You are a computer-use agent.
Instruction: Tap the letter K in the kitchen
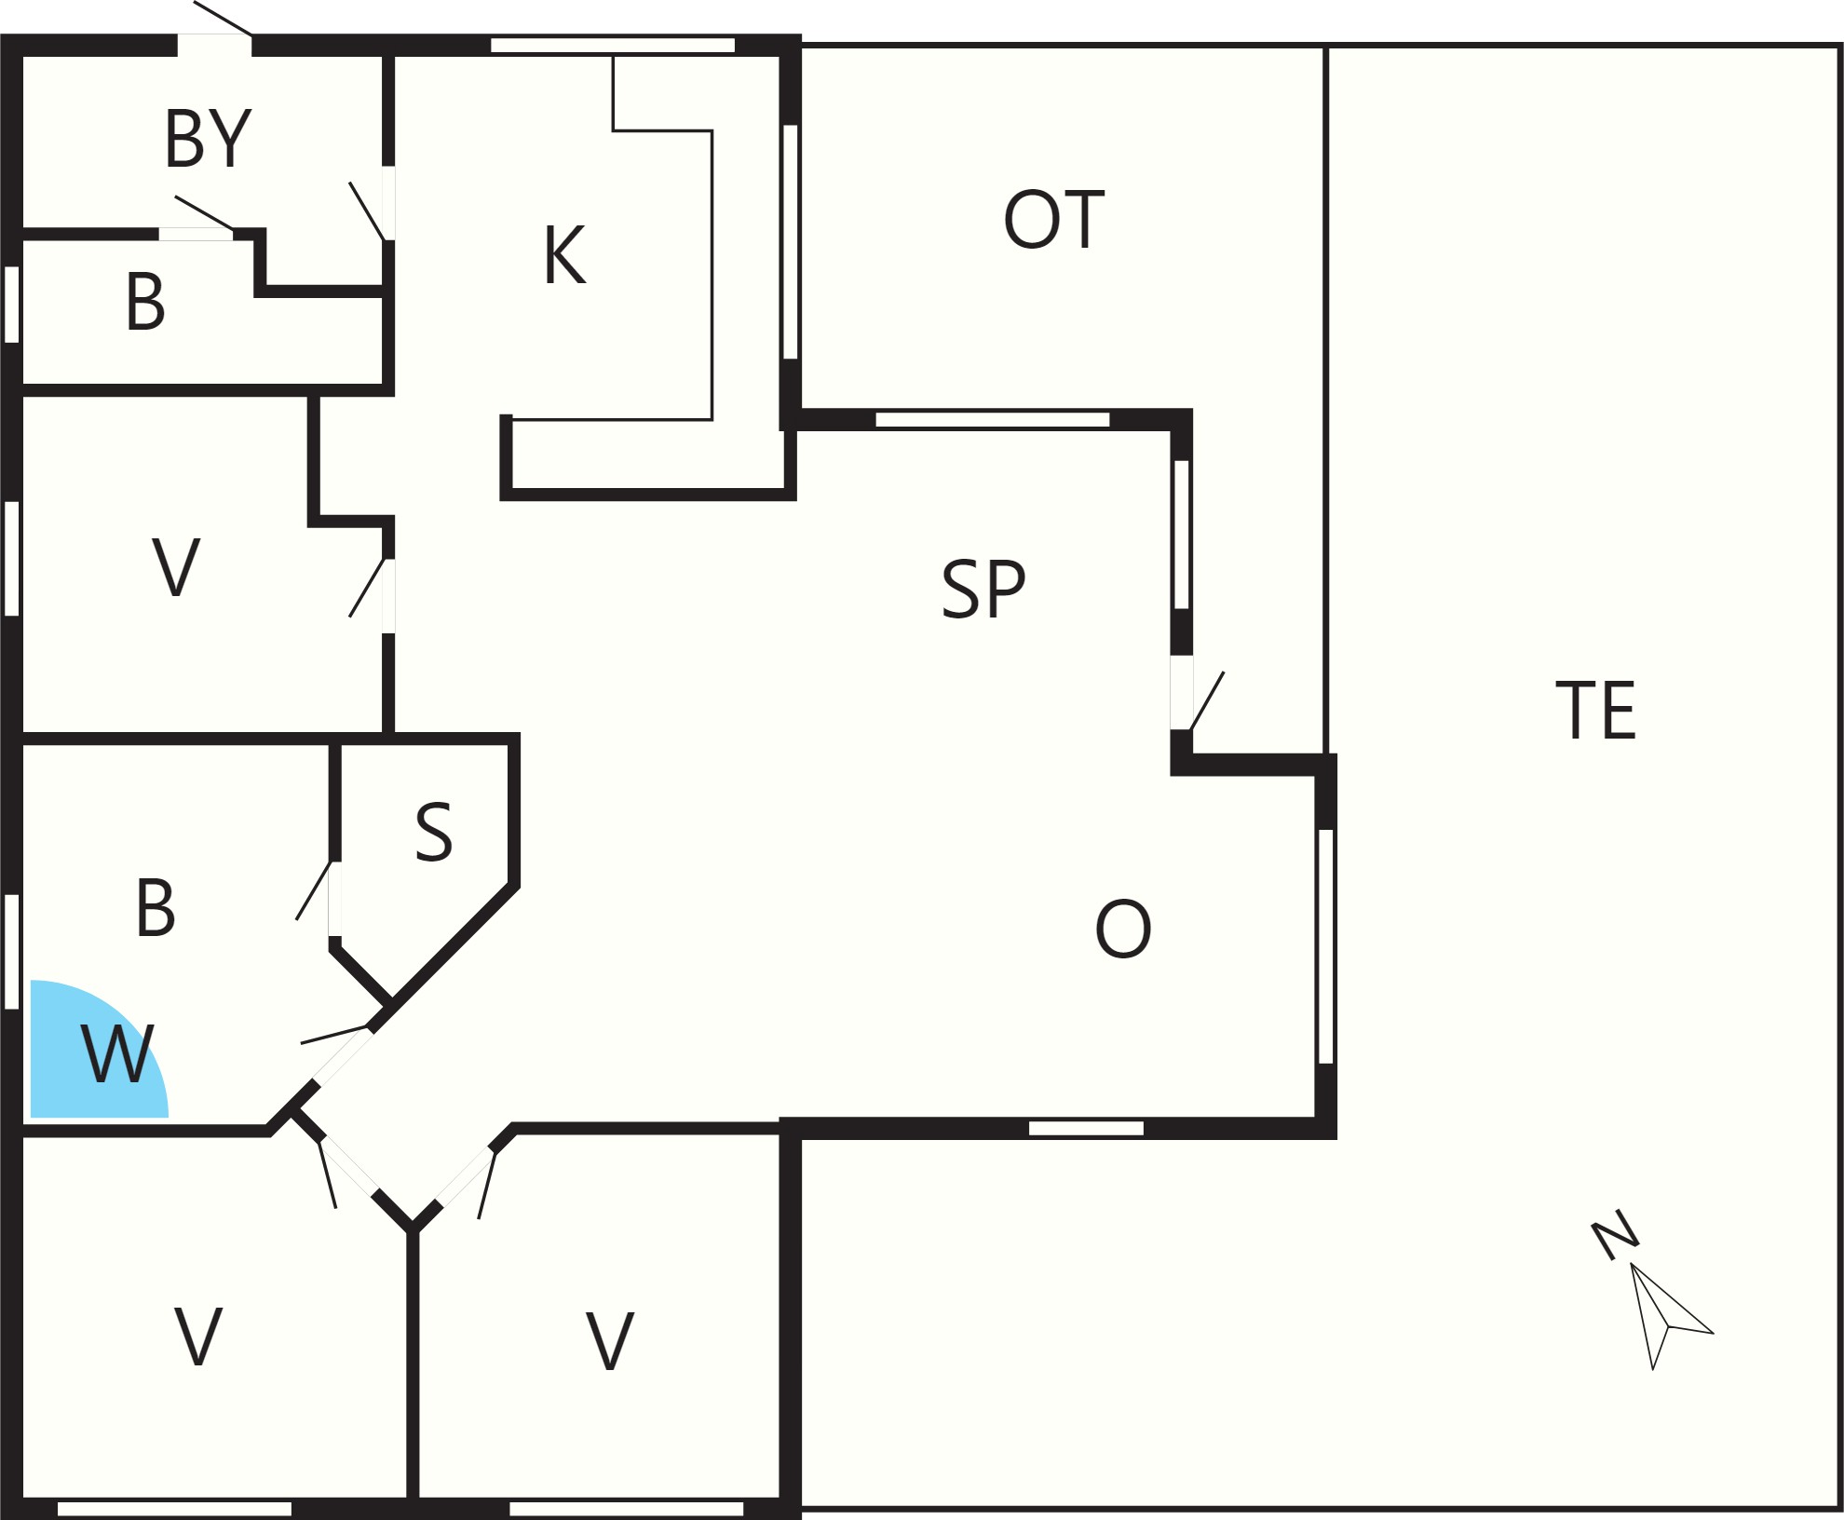[x=564, y=254]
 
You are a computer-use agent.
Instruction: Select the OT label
[x=1053, y=220]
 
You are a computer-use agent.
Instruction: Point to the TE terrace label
[x=1596, y=710]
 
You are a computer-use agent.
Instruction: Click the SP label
[x=983, y=589]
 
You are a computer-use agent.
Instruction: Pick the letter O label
[x=1123, y=929]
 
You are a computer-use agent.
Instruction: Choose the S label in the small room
[x=434, y=831]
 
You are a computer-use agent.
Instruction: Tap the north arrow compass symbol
[x=1667, y=1315]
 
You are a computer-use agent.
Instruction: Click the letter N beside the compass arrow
[x=1615, y=1235]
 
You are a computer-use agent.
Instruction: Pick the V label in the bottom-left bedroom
[x=198, y=1336]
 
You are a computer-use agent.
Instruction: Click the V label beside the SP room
[x=176, y=566]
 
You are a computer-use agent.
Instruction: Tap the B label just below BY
[x=145, y=302]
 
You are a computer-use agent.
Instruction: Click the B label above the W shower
[x=156, y=908]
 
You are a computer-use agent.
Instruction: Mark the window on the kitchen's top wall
[x=613, y=46]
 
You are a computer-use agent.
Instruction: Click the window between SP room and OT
[x=993, y=419]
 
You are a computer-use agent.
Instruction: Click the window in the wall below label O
[x=1086, y=1129]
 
